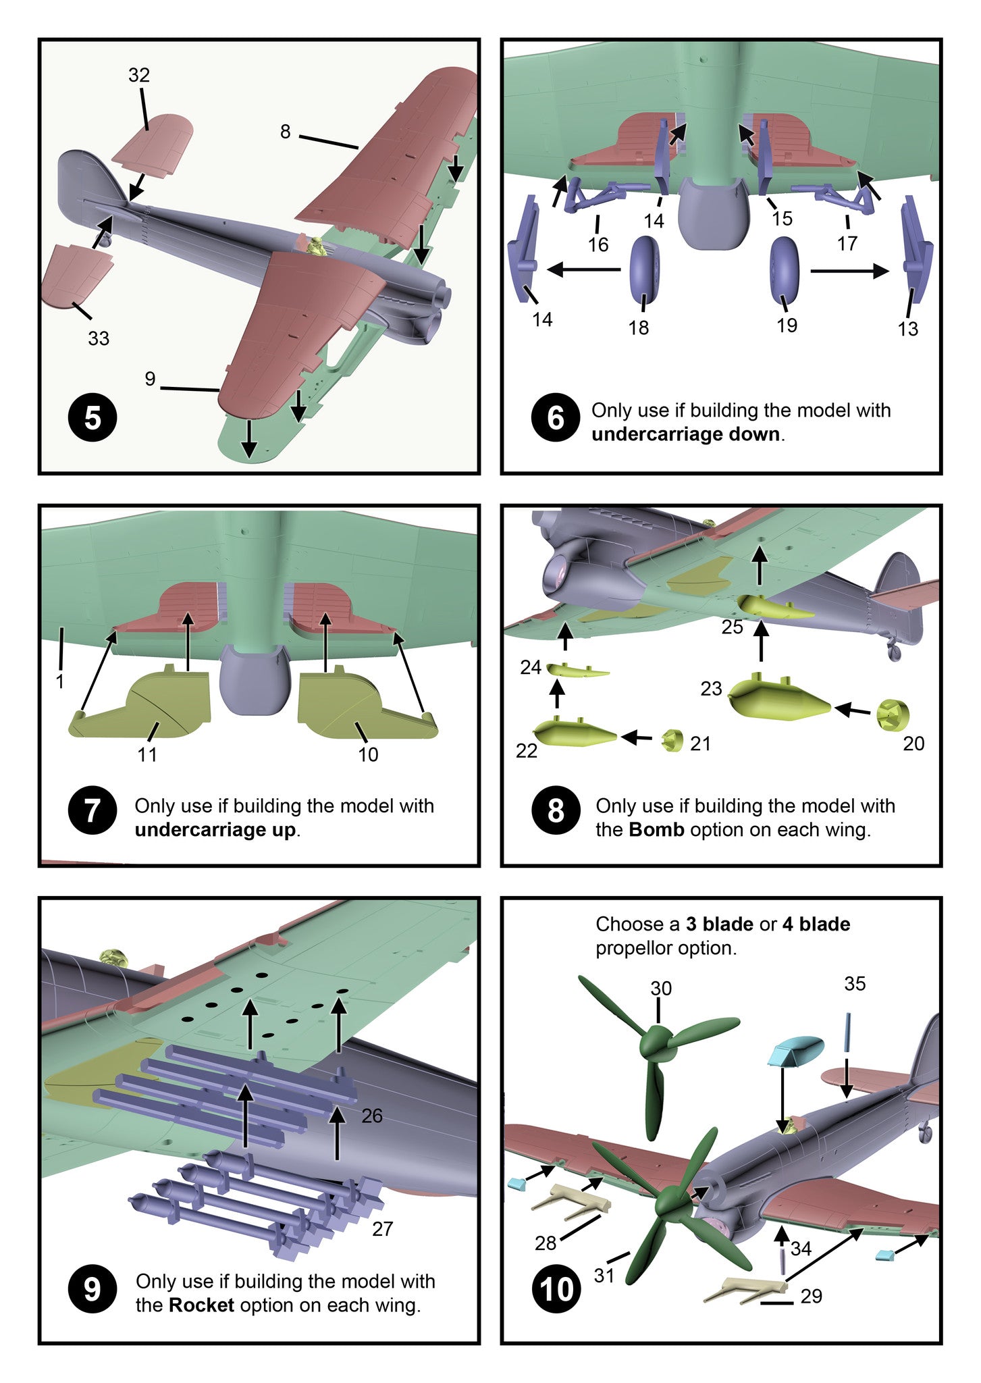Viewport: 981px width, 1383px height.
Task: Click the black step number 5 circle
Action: point(92,418)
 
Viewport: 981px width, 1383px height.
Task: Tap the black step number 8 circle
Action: point(555,811)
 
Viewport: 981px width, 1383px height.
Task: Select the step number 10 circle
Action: point(556,1289)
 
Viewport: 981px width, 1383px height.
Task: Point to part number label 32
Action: point(138,75)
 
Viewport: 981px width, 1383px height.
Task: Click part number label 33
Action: point(99,338)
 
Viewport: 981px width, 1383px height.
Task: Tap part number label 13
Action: point(907,329)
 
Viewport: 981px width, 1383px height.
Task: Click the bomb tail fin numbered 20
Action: point(893,714)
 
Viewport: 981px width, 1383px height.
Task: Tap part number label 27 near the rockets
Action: point(382,1228)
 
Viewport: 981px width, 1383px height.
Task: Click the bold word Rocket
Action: point(201,1305)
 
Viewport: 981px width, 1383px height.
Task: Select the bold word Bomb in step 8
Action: point(656,829)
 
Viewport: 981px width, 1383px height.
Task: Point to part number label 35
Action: point(854,984)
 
